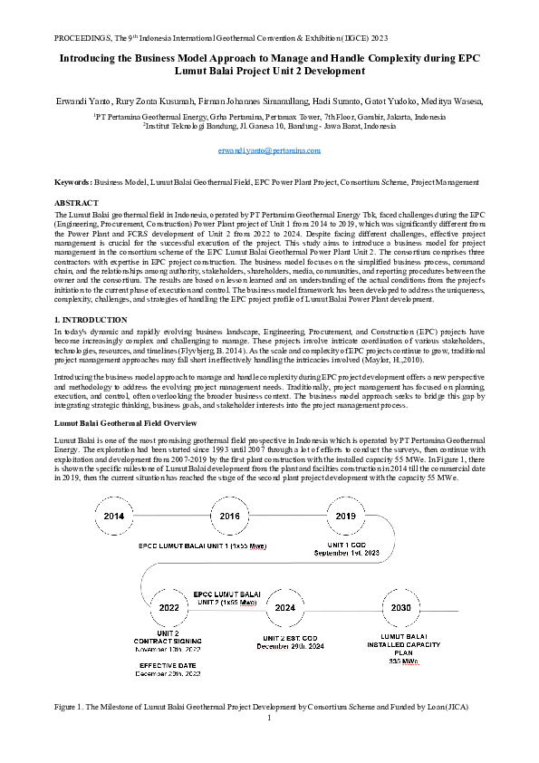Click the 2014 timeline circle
click(115, 516)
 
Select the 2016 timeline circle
click(230, 516)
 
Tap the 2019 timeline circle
click(346, 516)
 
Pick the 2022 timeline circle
click(168, 607)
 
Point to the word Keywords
click(73, 183)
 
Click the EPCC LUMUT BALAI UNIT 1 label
click(203, 546)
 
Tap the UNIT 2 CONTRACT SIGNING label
click(168, 636)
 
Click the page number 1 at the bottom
click(269, 719)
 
